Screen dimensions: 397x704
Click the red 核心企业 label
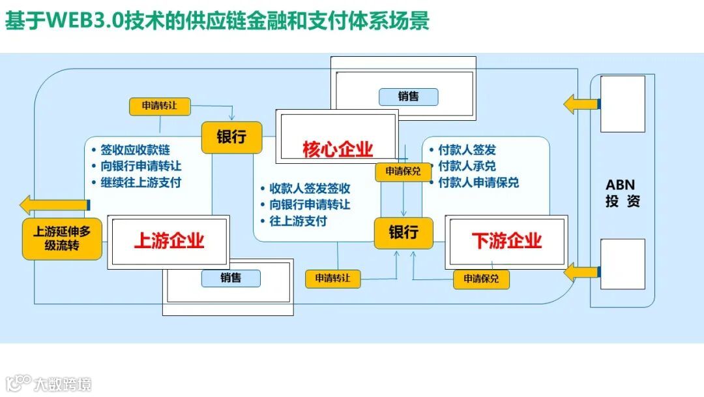338,150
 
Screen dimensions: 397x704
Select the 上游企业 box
169,241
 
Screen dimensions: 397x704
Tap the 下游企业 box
506,241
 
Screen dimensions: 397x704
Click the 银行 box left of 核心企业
231,137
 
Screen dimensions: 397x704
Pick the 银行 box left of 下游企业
403,232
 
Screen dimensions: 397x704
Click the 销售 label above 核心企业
408,97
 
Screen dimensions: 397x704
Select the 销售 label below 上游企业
231,278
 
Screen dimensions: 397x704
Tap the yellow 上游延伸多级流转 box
63,239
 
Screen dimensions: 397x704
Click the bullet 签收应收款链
136,150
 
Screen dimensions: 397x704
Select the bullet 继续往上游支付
141,182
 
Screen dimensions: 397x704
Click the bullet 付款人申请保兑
478,183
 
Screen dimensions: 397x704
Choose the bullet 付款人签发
467,150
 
